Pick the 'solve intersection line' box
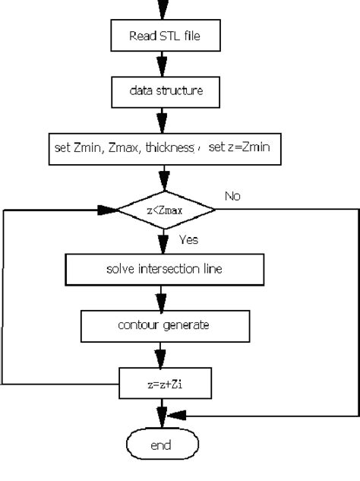pyautogui.click(x=164, y=269)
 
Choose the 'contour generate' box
pyautogui.click(x=164, y=325)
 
